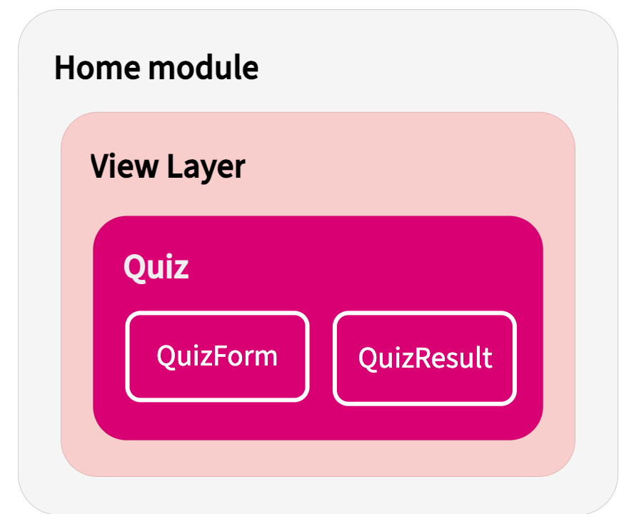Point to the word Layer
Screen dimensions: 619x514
206,166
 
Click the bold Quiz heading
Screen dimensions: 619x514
156,267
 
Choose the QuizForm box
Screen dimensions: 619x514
217,356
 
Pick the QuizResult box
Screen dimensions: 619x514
425,358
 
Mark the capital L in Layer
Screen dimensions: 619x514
173,166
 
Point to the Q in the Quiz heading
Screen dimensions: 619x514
134,267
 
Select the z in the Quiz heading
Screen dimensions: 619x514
181,269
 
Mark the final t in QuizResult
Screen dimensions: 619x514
488,357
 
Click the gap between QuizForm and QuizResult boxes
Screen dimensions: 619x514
321,357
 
